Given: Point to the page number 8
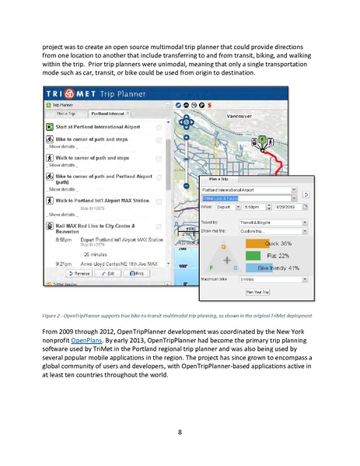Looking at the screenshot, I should (x=180, y=431).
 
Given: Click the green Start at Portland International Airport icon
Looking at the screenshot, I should (x=49, y=125).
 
